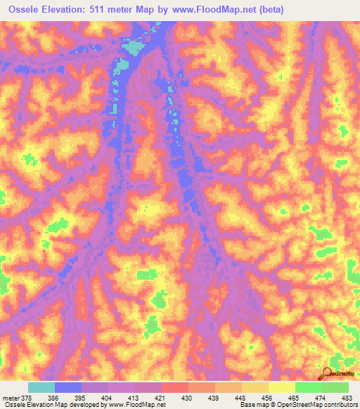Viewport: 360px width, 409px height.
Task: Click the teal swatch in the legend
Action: (x=41, y=387)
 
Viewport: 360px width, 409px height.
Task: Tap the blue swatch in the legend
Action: (x=68, y=387)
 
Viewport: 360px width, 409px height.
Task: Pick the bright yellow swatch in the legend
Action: (x=281, y=387)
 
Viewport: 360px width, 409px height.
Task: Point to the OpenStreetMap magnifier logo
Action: (x=328, y=374)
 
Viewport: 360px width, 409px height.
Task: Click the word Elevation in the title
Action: (x=65, y=8)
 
